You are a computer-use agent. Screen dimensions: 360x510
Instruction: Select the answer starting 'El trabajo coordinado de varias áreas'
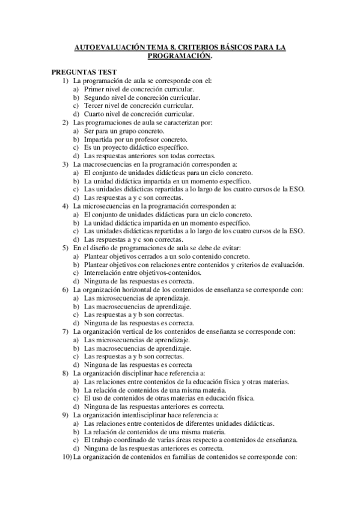tap(191, 440)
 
